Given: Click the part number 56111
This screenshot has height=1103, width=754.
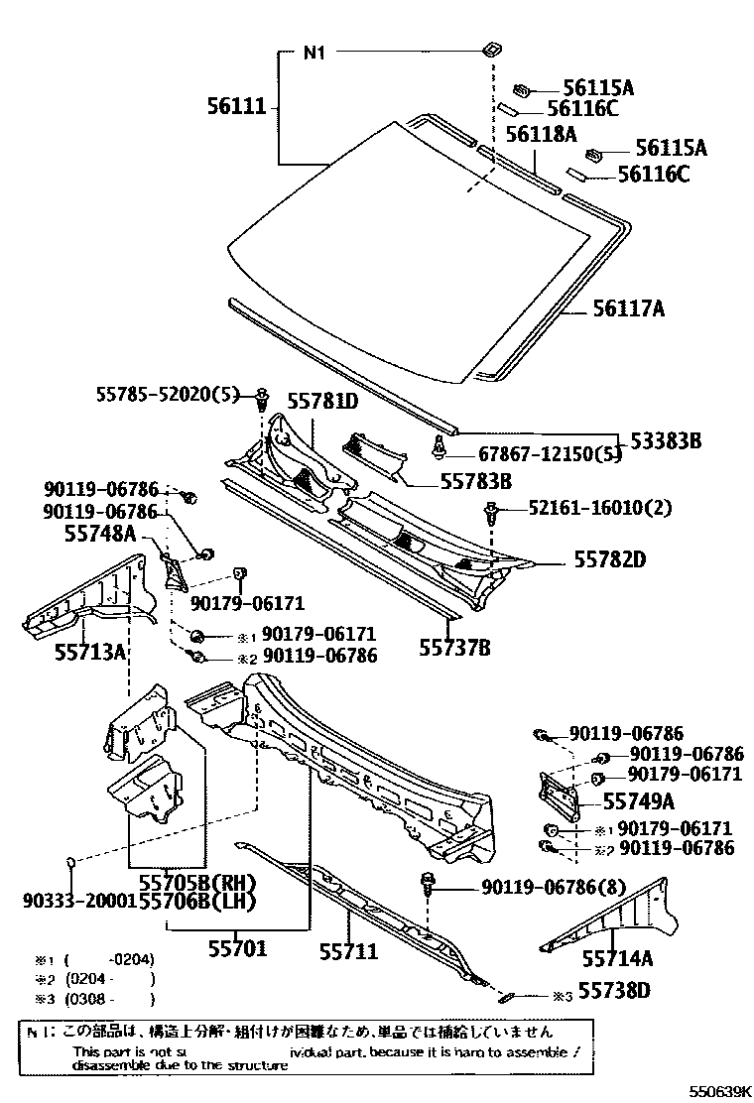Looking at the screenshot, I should pyautogui.click(x=238, y=104).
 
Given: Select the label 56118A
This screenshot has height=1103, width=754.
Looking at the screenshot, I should pyautogui.click(x=542, y=134).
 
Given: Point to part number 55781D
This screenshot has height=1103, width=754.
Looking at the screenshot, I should pyautogui.click(x=322, y=402).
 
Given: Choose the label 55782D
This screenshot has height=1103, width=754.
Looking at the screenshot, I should pyautogui.click(x=610, y=559).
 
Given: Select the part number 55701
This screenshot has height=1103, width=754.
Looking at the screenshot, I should pyautogui.click(x=237, y=949).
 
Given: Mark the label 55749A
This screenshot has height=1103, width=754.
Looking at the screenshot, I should pyautogui.click(x=639, y=801).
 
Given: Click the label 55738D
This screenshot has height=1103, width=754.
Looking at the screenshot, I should pyautogui.click(x=614, y=990).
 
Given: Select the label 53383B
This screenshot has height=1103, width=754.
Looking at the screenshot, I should pyautogui.click(x=659, y=439).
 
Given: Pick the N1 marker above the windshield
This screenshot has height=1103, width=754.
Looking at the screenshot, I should pyautogui.click(x=314, y=54).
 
